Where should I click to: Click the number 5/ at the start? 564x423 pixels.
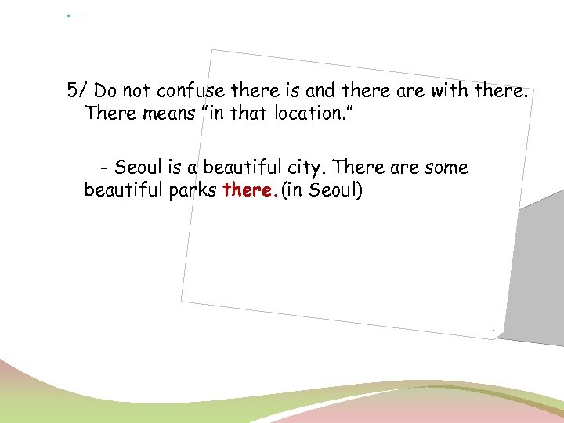77,90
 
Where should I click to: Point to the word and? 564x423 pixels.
319,90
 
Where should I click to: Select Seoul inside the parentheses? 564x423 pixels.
332,190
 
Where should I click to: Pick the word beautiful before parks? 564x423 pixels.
121,190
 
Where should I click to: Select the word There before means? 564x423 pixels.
110,113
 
